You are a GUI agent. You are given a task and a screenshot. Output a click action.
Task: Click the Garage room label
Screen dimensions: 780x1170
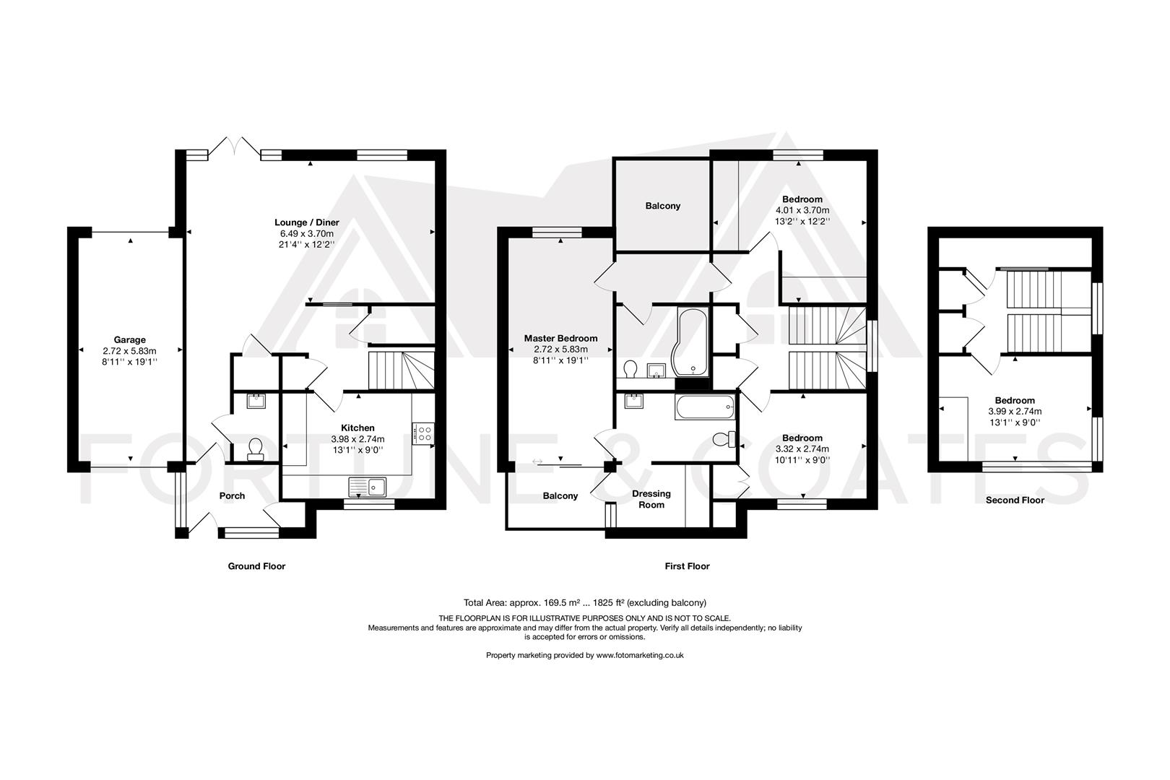(x=129, y=339)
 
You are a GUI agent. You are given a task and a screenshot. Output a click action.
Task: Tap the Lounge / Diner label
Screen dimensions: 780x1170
(x=306, y=222)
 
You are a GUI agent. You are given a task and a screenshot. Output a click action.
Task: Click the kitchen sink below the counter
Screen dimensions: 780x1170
(x=368, y=487)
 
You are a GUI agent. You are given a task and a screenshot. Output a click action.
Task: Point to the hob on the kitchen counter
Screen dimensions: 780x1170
(x=423, y=433)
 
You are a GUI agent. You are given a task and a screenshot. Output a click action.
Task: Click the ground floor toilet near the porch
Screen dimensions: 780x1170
(x=254, y=449)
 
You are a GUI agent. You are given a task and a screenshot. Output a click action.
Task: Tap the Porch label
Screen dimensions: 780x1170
(x=232, y=495)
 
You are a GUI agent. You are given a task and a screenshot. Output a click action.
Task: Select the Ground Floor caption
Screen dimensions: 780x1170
(x=256, y=566)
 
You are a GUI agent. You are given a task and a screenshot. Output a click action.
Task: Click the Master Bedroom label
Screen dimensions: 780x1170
(x=560, y=338)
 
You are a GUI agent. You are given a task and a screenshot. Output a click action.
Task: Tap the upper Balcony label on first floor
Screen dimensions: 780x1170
(x=662, y=206)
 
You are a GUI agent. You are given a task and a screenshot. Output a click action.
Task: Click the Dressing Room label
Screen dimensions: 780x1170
(x=651, y=499)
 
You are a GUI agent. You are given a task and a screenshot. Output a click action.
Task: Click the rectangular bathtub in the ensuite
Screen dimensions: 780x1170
(x=705, y=408)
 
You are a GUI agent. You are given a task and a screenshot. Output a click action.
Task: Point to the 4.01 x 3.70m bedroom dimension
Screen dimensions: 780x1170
(x=802, y=210)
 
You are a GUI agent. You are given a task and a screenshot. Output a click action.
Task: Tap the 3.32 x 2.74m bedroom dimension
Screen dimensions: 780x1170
(x=802, y=448)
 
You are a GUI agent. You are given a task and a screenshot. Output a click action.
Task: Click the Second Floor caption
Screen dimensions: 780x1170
(x=1015, y=500)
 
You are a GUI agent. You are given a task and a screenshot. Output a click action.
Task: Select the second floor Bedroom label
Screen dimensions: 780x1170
(x=1015, y=400)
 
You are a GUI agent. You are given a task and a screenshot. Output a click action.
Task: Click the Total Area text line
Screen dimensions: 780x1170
(x=584, y=602)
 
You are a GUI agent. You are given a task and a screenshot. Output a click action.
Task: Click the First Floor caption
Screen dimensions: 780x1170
(x=687, y=566)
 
